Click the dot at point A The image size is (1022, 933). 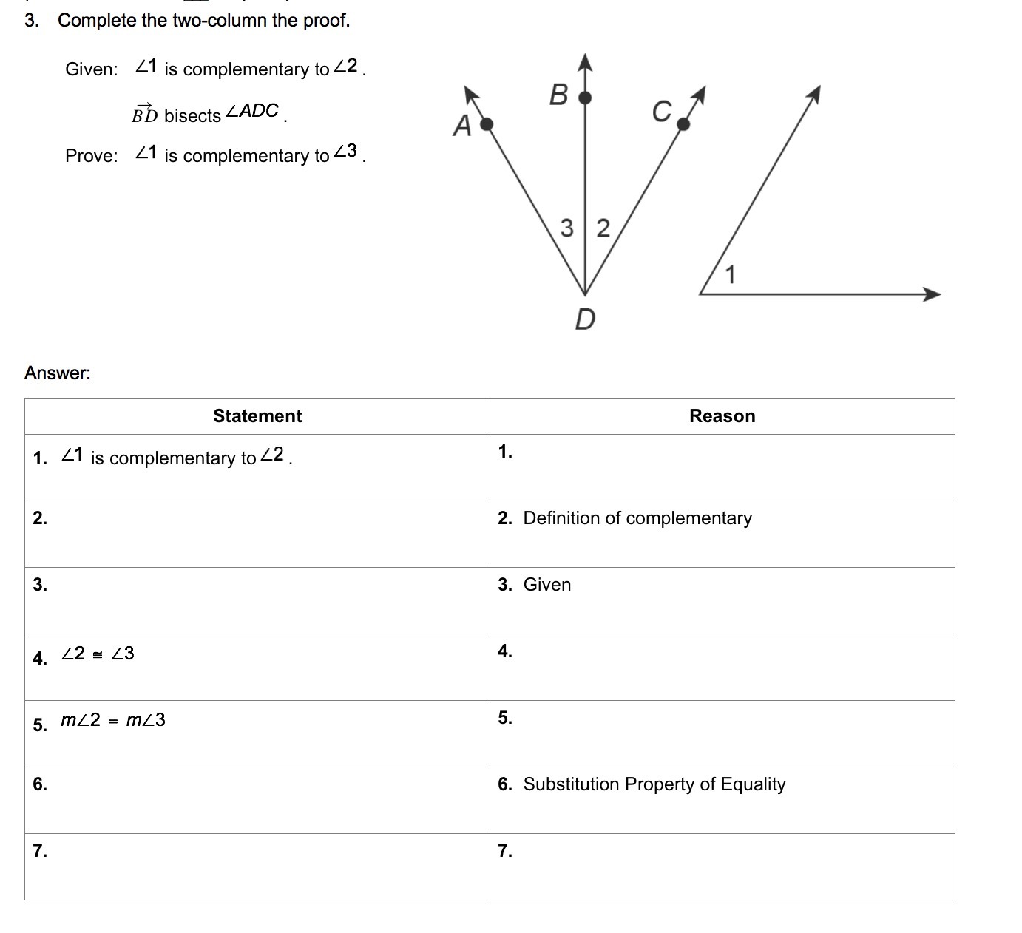tap(486, 124)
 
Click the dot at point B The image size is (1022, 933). tap(585, 97)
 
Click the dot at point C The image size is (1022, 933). tap(683, 124)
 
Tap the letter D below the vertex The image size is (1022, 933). tap(585, 319)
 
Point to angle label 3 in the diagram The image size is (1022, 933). tap(567, 228)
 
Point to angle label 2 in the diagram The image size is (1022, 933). tap(603, 228)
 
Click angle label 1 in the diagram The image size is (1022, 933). tap(731, 275)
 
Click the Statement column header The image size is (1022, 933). tap(257, 416)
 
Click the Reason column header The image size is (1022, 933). tap(722, 416)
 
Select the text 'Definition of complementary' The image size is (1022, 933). tap(637, 518)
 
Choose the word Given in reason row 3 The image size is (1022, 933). tap(546, 585)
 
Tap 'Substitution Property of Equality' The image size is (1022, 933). tap(654, 784)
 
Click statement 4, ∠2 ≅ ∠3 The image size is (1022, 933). tap(98, 654)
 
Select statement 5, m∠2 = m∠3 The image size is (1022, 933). tap(112, 720)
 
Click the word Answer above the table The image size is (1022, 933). tap(57, 373)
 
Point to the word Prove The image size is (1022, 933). tap(91, 156)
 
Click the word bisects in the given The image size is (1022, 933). tap(192, 116)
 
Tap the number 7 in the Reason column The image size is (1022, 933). tap(505, 851)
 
